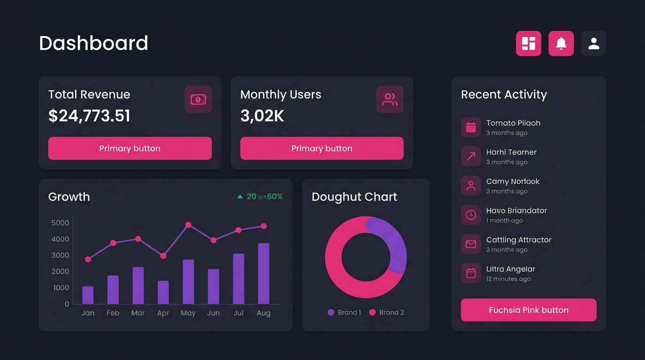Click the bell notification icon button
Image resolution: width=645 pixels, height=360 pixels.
[x=561, y=44]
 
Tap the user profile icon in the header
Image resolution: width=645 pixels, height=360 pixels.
[x=593, y=44]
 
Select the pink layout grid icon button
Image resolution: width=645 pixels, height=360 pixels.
[x=529, y=44]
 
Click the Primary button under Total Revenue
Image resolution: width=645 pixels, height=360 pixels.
[x=130, y=149]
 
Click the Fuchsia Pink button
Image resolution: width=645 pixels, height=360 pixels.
[x=528, y=310]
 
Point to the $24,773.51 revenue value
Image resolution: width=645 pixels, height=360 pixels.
[x=89, y=116]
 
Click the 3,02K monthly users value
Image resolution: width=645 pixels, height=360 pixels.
[x=262, y=116]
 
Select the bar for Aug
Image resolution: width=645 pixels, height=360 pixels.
[x=263, y=274]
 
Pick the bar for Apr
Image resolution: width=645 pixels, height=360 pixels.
[x=163, y=292]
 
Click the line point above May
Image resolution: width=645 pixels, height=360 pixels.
[x=188, y=225]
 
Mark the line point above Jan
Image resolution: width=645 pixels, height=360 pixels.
[x=88, y=259]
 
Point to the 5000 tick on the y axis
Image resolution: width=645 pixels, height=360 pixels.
[x=60, y=223]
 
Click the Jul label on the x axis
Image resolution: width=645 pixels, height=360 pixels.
[x=238, y=313]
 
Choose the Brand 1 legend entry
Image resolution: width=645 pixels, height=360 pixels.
[x=345, y=313]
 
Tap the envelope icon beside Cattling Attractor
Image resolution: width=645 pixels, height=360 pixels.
[x=471, y=244]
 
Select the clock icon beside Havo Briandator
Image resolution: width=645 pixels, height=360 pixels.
[x=471, y=215]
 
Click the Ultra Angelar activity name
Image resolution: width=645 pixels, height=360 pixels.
[x=510, y=269]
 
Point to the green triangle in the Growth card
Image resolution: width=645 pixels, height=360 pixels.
[x=240, y=197]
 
